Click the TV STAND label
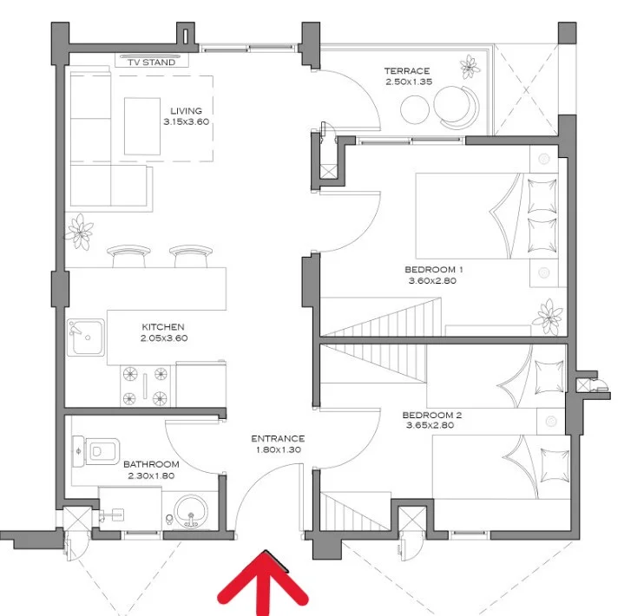point(152,62)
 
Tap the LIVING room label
point(186,111)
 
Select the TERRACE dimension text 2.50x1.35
point(409,82)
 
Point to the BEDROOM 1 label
point(434,270)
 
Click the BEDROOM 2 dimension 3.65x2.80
point(430,425)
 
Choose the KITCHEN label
point(163,327)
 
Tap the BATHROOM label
point(151,464)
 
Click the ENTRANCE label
point(278,439)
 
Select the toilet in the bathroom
point(96,452)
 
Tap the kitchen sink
point(86,337)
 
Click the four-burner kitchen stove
point(145,386)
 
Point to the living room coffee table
point(142,126)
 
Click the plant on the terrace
point(470,67)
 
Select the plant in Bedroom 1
point(547,316)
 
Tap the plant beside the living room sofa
point(78,231)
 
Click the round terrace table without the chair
point(415,109)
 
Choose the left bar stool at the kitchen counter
point(128,256)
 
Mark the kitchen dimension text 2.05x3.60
point(164,338)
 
